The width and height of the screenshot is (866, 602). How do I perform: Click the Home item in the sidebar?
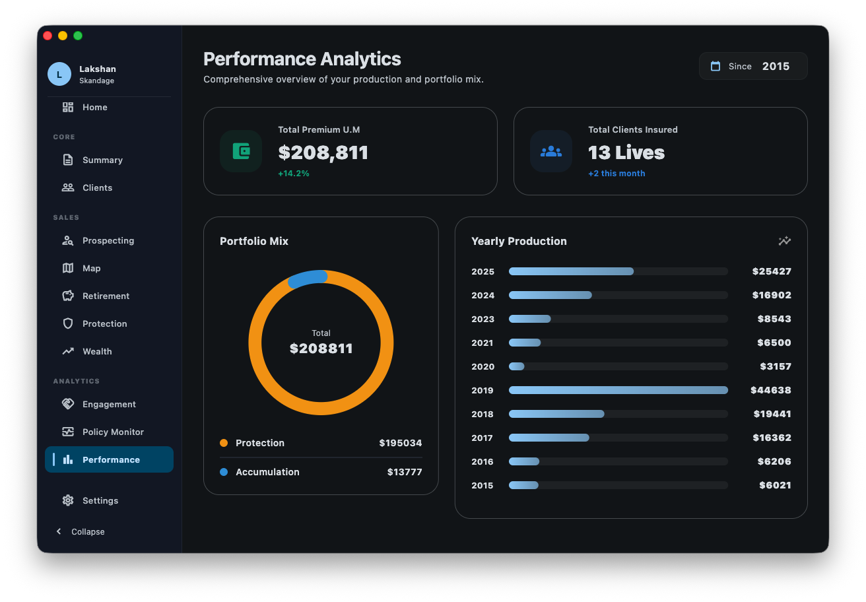coord(94,107)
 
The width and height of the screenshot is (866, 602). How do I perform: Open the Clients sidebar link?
coord(97,187)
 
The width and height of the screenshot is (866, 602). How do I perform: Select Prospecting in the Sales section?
coord(108,240)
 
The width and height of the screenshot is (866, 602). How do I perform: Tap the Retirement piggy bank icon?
coord(68,296)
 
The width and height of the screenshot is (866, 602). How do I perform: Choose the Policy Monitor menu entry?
coord(112,432)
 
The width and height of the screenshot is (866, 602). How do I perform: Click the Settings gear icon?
coord(68,500)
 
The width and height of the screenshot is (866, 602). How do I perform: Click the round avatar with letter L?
coord(59,74)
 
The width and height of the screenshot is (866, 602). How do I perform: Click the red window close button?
coord(48,36)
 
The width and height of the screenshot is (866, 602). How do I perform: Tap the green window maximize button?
coord(78,36)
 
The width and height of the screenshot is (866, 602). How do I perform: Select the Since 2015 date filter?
coord(752,66)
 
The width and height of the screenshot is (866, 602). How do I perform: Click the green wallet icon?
coord(241,151)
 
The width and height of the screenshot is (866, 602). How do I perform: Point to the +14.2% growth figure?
coord(294,174)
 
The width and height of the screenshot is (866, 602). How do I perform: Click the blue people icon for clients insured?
coord(551,151)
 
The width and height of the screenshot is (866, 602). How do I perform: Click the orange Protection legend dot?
coord(224,443)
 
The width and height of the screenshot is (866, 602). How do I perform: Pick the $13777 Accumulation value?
coord(404,472)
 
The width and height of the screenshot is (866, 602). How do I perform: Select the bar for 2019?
coord(618,390)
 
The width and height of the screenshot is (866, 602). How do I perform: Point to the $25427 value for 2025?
coord(771,271)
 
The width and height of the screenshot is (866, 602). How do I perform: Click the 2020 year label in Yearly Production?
coord(483,366)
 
